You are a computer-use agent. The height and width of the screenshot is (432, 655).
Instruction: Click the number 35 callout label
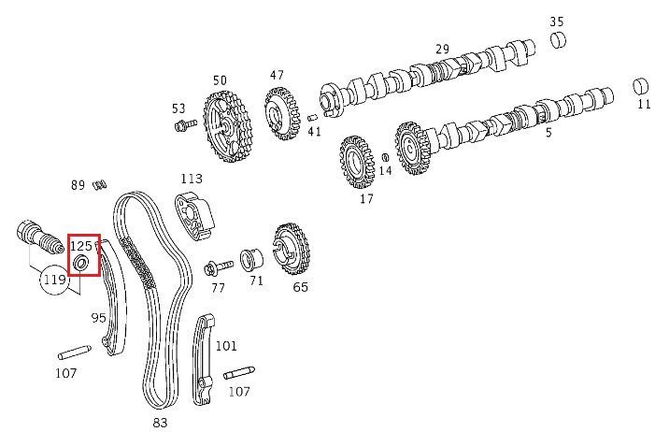tap(556, 22)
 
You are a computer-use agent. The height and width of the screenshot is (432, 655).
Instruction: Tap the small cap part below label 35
tap(558, 39)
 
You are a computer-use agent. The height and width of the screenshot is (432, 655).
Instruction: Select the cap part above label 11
tap(641, 87)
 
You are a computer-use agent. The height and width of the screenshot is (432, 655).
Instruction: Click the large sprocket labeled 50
tap(228, 126)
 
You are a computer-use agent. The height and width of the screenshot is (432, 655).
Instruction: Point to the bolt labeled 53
tap(185, 124)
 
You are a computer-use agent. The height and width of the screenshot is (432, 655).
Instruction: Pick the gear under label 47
tap(282, 113)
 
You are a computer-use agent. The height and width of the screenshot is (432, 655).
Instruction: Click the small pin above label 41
tap(312, 118)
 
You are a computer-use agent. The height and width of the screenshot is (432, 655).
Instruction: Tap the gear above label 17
tap(357, 162)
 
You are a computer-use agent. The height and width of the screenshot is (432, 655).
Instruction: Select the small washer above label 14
tap(386, 158)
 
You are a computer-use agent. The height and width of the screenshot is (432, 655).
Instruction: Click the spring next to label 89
tap(100, 184)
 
